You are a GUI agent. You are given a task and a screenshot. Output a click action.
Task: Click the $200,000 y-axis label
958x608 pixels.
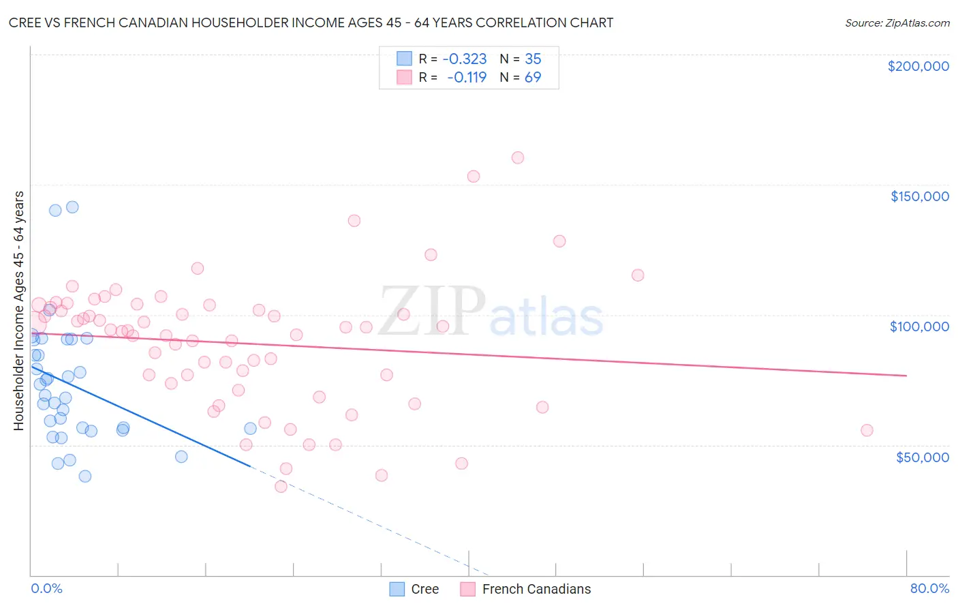pyautogui.click(x=918, y=66)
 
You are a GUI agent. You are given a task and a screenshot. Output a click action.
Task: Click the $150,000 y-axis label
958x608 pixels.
pyautogui.click(x=919, y=196)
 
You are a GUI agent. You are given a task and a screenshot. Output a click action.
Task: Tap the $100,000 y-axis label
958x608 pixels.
pyautogui.click(x=919, y=326)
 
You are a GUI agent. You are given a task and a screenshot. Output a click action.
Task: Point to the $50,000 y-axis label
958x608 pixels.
pyautogui.click(x=922, y=457)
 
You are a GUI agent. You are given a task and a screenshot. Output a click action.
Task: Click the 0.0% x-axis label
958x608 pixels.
pyautogui.click(x=46, y=588)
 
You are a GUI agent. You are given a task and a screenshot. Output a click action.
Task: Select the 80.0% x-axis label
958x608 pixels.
pyautogui.click(x=929, y=588)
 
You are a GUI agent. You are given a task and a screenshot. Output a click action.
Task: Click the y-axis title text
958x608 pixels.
pyautogui.click(x=19, y=311)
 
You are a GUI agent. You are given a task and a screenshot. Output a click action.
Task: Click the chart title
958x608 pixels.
pyautogui.click(x=311, y=22)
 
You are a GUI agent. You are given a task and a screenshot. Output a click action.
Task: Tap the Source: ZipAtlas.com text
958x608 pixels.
pyautogui.click(x=897, y=22)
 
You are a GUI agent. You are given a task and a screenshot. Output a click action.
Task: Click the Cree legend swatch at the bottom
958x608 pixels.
pyautogui.click(x=397, y=589)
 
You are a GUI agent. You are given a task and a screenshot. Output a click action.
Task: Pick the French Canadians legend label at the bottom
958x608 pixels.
pyautogui.click(x=536, y=589)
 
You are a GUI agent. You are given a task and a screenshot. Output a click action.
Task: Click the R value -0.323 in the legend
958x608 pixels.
pyautogui.click(x=465, y=59)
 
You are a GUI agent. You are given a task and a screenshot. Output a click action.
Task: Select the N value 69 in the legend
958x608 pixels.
pyautogui.click(x=533, y=77)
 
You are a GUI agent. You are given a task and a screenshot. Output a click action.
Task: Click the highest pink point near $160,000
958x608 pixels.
pyautogui.click(x=518, y=157)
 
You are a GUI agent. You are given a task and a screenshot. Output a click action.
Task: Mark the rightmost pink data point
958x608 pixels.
pyautogui.click(x=867, y=430)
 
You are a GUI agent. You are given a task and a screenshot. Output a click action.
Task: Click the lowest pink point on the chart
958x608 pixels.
pyautogui.click(x=281, y=487)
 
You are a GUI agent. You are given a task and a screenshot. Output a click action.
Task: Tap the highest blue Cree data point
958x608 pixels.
pyautogui.click(x=72, y=207)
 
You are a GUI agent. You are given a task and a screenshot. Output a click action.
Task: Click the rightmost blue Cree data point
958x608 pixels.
pyautogui.click(x=250, y=428)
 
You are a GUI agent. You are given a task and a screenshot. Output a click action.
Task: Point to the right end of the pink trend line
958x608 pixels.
pyautogui.click(x=906, y=376)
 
